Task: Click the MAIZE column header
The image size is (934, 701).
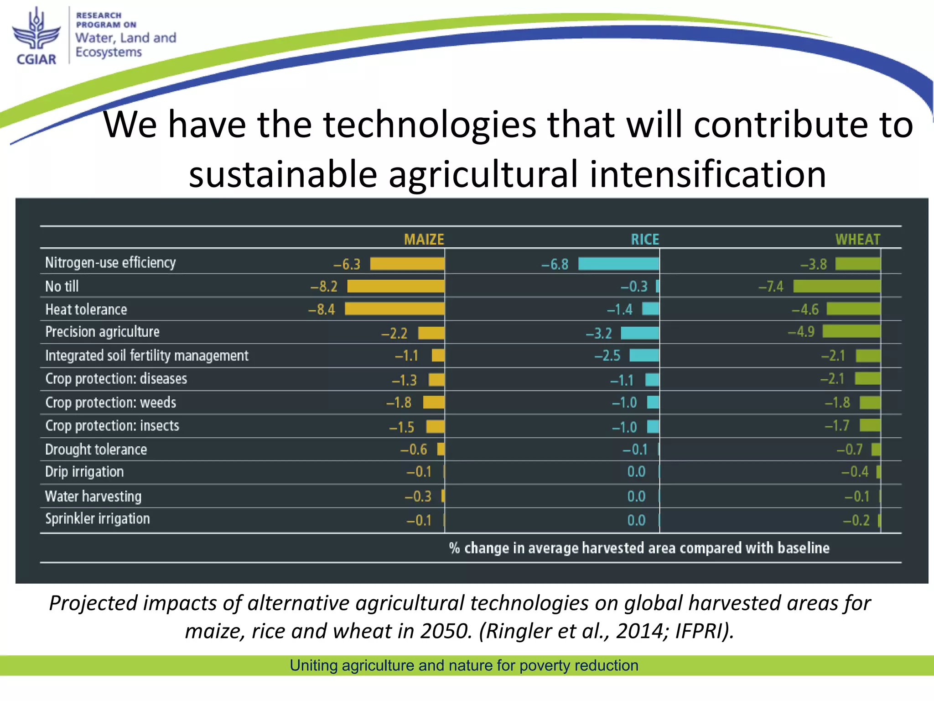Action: tap(424, 239)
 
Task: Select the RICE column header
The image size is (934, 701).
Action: tap(644, 239)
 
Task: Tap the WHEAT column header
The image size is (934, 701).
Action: tap(857, 239)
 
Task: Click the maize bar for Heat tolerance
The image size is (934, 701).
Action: tap(394, 309)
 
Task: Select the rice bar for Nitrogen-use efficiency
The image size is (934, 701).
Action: tap(618, 264)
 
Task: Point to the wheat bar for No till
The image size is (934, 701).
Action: tap(837, 286)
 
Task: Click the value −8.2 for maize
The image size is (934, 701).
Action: tap(324, 287)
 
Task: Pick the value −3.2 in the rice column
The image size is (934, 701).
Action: tap(599, 333)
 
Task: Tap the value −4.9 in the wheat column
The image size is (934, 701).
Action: tap(801, 331)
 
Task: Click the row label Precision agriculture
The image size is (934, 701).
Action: tap(102, 332)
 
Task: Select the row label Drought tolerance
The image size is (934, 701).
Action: tap(96, 450)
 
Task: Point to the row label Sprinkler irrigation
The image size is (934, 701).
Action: tap(97, 519)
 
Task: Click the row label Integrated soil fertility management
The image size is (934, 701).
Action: tap(146, 356)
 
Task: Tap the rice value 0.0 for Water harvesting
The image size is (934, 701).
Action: tap(636, 496)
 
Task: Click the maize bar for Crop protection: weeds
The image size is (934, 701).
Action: tap(434, 402)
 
